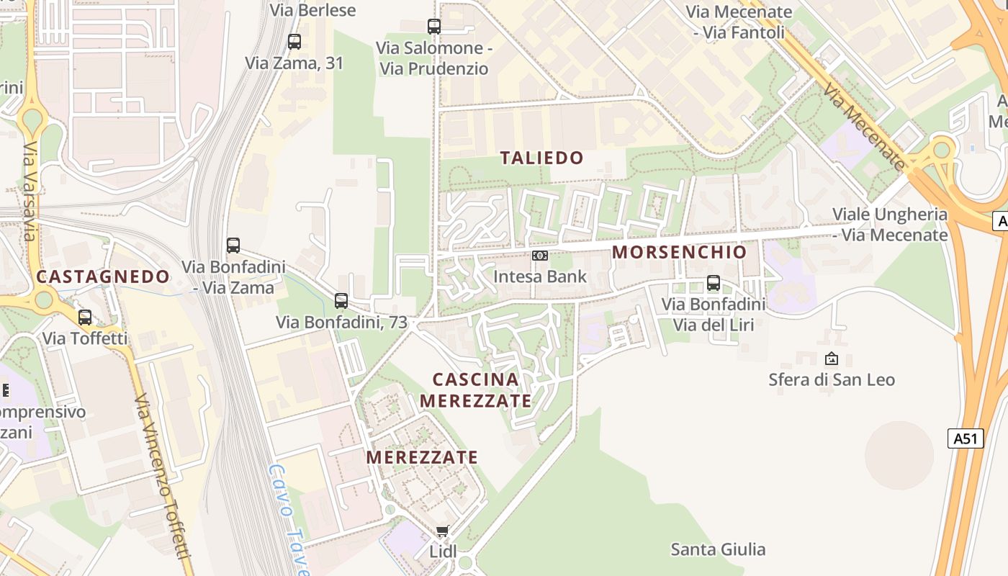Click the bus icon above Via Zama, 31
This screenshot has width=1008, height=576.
point(294,42)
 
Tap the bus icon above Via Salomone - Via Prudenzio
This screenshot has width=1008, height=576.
point(434,27)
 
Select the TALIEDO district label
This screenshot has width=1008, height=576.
point(542,158)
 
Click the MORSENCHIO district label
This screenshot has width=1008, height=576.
point(680,252)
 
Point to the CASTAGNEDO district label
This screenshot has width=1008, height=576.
point(103,276)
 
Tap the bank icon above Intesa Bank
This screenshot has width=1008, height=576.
point(540,256)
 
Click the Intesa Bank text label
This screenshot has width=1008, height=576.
point(540,276)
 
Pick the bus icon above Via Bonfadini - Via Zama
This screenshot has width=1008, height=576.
point(233,246)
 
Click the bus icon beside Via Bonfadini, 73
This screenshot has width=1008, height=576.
point(341,301)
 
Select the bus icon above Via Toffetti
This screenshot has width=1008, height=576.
point(85,318)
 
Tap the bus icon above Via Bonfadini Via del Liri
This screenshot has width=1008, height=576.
point(714,283)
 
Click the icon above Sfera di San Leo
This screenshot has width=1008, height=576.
point(832,359)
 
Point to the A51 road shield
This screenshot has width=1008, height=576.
point(966,438)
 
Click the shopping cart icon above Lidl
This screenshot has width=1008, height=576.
point(442,531)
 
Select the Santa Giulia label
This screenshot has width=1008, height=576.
point(718,550)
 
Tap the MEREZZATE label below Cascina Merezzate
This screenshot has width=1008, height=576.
point(422,457)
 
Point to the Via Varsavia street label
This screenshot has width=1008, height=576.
point(29,191)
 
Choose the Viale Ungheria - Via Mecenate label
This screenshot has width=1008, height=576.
point(890,225)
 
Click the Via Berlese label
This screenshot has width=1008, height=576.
point(312,9)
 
